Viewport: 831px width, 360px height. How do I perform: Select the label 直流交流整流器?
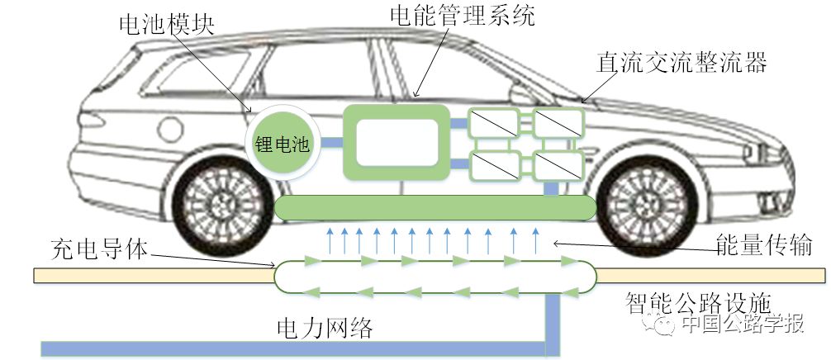pyautogui.click(x=683, y=63)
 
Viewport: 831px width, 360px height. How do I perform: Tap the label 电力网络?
pyautogui.click(x=325, y=328)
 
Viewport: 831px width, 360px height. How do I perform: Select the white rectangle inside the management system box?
pyautogui.click(x=396, y=141)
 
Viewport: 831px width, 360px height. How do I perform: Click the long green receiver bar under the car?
pyautogui.click(x=434, y=208)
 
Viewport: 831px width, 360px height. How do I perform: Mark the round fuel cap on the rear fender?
pyautogui.click(x=170, y=130)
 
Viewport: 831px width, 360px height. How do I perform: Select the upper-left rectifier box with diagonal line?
pyautogui.click(x=493, y=125)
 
